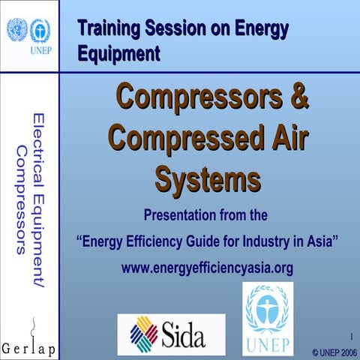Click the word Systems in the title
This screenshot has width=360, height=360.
(x=208, y=179)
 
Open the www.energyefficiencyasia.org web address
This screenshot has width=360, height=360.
(x=208, y=266)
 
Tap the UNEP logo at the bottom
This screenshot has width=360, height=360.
(x=268, y=319)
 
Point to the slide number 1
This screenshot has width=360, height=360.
(x=350, y=335)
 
